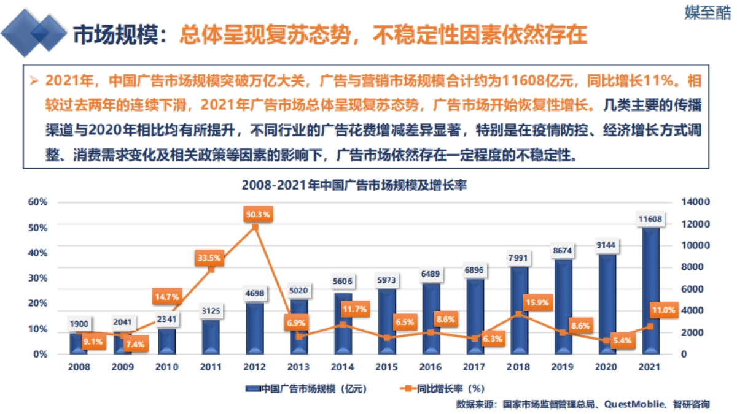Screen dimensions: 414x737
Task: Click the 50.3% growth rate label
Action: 257,214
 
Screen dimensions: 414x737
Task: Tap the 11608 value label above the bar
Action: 650,219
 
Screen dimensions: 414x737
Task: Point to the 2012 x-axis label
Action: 255,367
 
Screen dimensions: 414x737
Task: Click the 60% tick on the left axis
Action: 38,202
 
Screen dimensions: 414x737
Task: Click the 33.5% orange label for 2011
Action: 209,258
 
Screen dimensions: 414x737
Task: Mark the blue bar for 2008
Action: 79,343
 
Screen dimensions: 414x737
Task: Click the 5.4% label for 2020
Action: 622,341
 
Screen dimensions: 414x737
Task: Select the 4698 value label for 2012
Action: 254,293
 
